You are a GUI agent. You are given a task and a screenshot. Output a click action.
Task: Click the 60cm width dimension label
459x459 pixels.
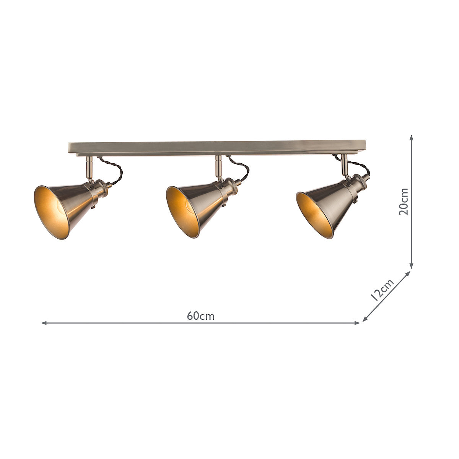pos(201,316)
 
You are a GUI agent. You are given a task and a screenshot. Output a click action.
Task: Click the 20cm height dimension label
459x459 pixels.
pos(403,202)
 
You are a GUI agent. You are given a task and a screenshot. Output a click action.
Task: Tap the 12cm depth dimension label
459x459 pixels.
pos(382,290)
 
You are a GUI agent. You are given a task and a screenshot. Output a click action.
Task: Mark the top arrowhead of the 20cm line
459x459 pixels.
pos(412,137)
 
